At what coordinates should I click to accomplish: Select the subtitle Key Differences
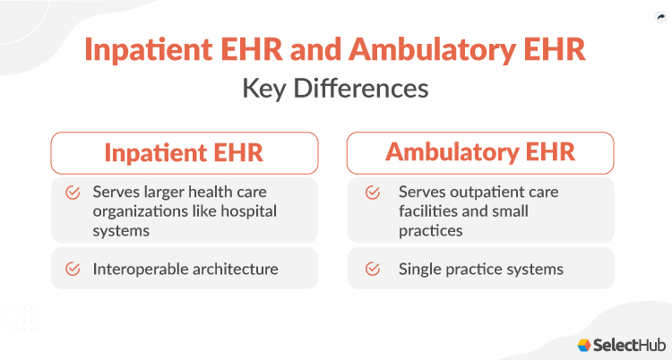(x=335, y=90)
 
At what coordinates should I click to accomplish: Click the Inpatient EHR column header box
(x=184, y=152)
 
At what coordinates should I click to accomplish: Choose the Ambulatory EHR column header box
(x=480, y=152)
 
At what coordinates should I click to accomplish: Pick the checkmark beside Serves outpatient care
(x=371, y=193)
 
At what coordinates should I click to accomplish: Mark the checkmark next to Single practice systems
(x=371, y=269)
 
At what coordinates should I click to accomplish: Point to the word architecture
(x=235, y=269)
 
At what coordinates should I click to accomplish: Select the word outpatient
(x=478, y=193)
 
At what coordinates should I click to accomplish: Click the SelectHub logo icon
(x=584, y=345)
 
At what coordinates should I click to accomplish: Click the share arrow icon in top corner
(x=659, y=16)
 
